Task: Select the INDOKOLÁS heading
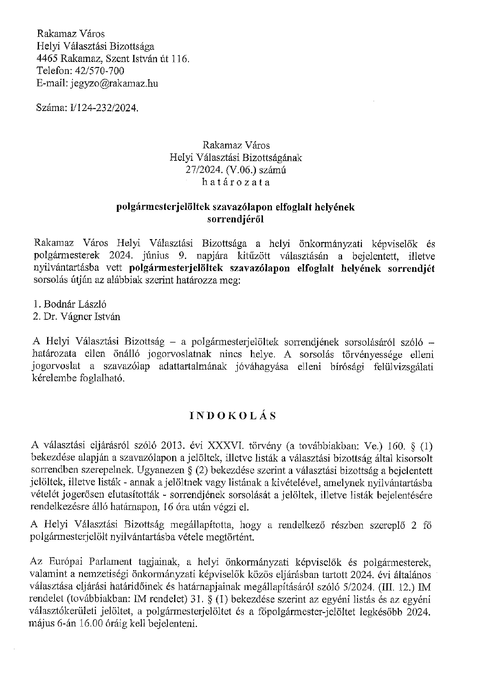(233, 416)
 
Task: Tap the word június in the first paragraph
(156, 256)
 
